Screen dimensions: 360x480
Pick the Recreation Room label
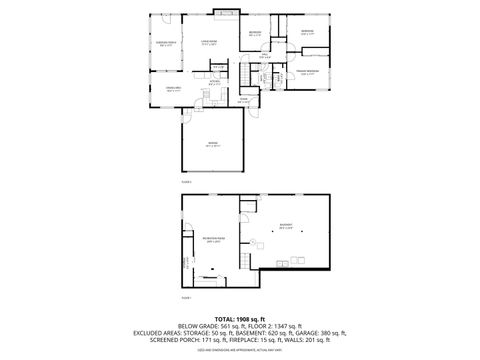click(x=213, y=240)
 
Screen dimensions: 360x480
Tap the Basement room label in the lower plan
click(x=286, y=226)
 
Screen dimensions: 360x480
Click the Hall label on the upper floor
click(x=264, y=57)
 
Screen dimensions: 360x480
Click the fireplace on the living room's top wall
click(x=223, y=14)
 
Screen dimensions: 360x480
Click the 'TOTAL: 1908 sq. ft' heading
click(x=240, y=319)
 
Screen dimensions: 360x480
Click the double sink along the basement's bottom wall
click(x=311, y=269)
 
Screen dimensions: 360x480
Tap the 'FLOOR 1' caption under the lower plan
click(x=187, y=299)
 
